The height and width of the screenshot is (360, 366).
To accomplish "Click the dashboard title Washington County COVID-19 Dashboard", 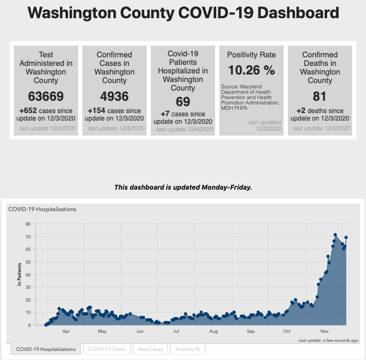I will coord(182,13).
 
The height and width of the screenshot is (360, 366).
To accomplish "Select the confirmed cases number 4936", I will coord(115,96).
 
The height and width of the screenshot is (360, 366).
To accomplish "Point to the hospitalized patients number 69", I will coord(183,101).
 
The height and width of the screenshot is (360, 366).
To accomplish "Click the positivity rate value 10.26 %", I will coord(251,70).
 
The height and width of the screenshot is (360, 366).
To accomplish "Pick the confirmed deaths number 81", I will coord(320,96).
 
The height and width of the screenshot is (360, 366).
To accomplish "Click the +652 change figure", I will coord(27,111).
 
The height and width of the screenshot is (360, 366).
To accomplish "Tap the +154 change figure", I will coord(96,111).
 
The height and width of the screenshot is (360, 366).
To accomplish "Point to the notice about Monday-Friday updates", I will coord(183,187).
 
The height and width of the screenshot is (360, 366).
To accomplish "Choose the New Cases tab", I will coord(150,349).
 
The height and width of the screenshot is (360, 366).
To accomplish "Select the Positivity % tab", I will coord(187,349).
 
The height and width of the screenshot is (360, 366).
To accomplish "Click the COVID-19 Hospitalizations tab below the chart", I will coord(46,349).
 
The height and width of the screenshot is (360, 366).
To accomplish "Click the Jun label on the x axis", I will coord(140,332).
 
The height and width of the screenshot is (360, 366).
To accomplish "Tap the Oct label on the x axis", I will coord(287,332).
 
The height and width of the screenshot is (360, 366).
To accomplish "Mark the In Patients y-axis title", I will coord(20,274).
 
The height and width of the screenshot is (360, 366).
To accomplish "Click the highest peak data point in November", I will coord(335,235).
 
